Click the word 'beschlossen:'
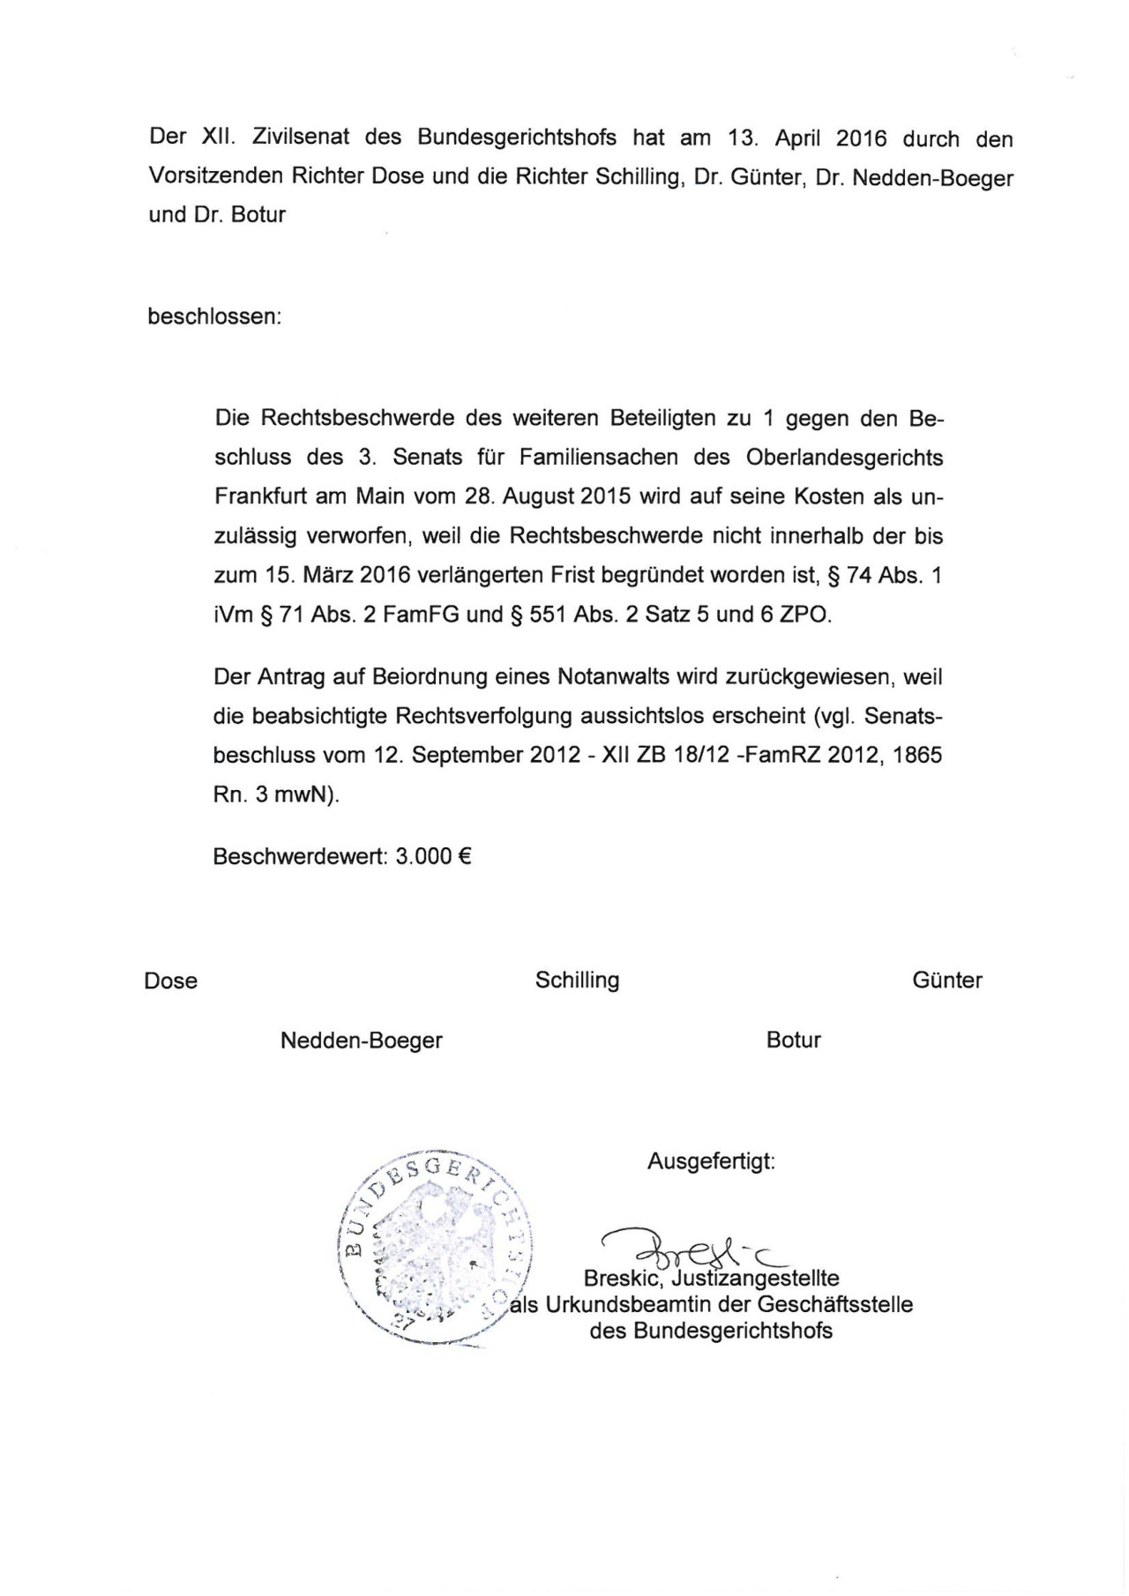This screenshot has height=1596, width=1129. coord(214,316)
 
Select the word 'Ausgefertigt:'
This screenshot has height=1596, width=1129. coord(711,1161)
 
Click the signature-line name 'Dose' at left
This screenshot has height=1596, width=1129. coord(171,981)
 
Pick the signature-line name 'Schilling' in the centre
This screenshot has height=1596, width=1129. coord(577,980)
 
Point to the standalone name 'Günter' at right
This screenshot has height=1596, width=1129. coord(947,980)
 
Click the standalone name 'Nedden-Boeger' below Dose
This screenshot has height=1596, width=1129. coord(361,1040)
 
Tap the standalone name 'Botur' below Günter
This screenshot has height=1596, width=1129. coord(794,1040)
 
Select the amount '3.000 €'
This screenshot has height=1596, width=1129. coord(433,856)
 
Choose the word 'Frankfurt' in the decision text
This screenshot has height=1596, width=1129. coord(261,496)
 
